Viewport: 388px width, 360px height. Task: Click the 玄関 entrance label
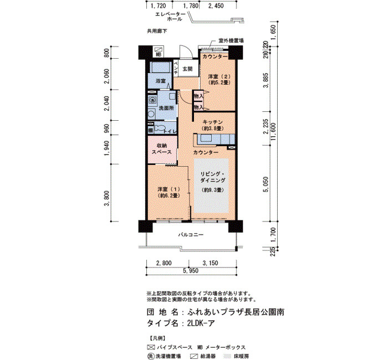point(187,69)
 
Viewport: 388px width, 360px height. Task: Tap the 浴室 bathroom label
point(160,81)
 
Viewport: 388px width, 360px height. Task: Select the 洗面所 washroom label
point(166,108)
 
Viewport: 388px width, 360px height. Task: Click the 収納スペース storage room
point(162,150)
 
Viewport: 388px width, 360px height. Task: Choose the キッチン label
point(212,122)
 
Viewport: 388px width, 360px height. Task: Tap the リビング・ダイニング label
point(213,177)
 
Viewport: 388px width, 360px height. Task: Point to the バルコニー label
point(191,235)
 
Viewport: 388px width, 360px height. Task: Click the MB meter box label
point(159,54)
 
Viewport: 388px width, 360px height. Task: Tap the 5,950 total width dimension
point(191,271)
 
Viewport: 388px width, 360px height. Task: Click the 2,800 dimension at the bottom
point(164,263)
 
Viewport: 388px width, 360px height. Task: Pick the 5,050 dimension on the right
point(266,184)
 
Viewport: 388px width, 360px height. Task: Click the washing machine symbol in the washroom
point(152,100)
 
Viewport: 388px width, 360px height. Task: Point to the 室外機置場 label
point(231,40)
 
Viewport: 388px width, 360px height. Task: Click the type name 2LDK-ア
point(201,323)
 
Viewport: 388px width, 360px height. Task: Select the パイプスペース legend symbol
point(151,347)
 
